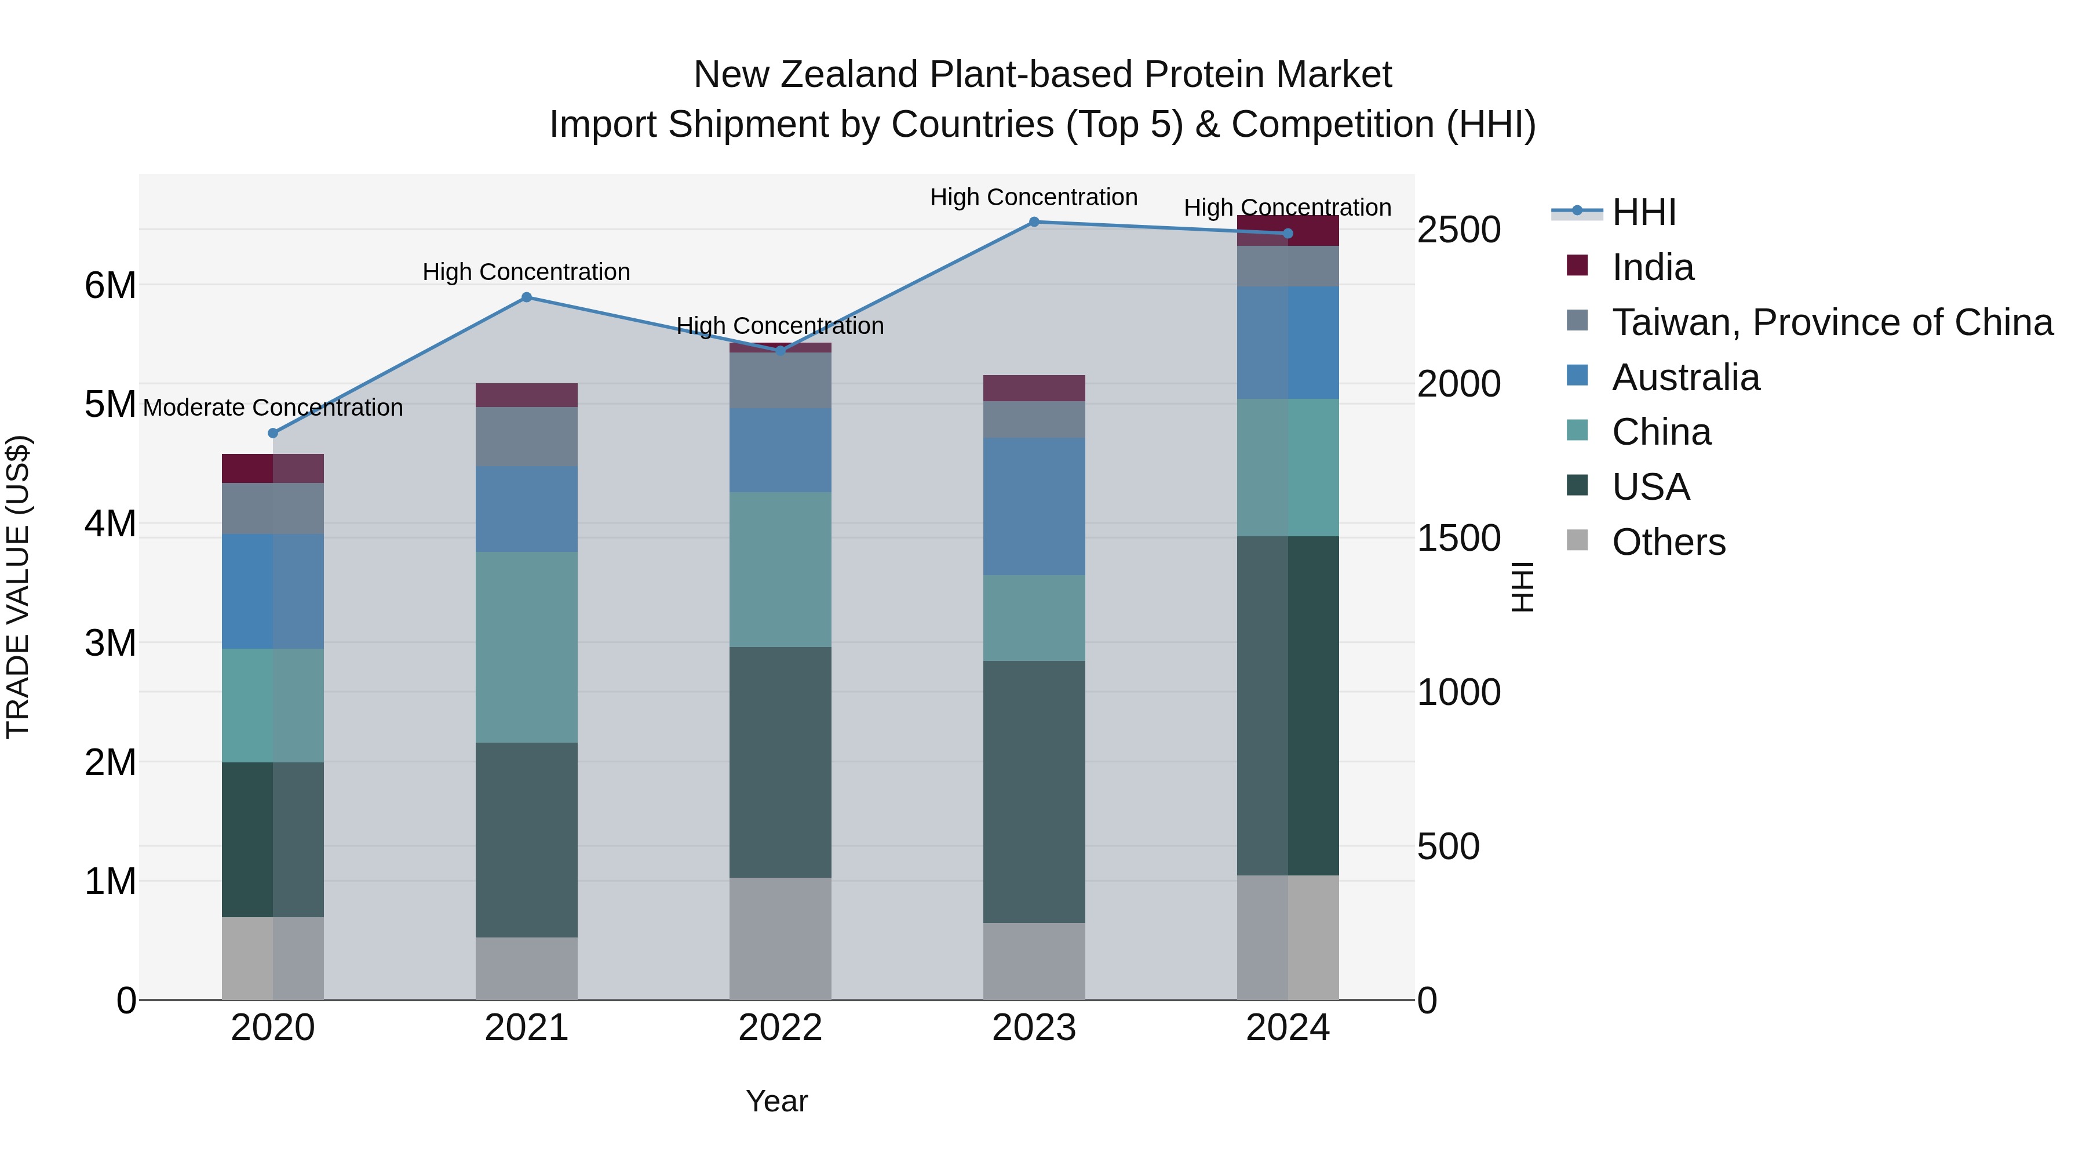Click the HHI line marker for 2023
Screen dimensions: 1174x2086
point(1034,222)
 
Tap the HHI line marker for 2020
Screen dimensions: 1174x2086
point(273,434)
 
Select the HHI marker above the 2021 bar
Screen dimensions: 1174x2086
point(526,297)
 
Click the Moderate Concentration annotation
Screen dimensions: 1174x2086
point(273,408)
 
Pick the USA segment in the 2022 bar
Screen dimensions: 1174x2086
point(780,762)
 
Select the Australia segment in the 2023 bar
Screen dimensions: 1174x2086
point(1034,506)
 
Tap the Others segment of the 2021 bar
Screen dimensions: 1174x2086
point(526,968)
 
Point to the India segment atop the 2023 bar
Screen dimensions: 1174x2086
point(1034,388)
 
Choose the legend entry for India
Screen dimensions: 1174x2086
point(1652,267)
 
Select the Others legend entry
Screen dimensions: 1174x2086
point(1668,542)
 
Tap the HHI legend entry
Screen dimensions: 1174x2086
point(1644,212)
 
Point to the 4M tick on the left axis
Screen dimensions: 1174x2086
point(110,524)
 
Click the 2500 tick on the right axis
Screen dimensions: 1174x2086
point(1458,230)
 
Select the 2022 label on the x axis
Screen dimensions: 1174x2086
point(780,1028)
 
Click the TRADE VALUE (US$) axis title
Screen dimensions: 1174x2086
point(18,587)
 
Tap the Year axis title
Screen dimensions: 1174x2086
point(776,1101)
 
